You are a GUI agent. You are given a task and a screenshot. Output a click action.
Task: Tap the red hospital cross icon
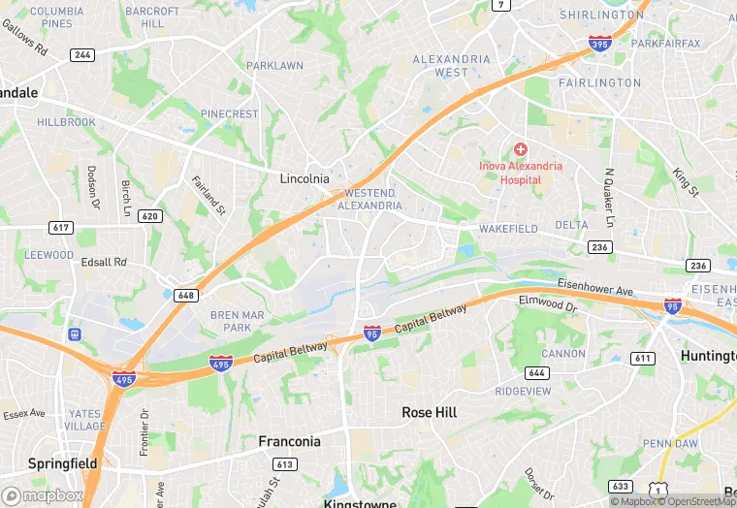click(x=521, y=149)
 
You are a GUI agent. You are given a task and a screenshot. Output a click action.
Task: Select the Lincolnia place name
click(x=304, y=178)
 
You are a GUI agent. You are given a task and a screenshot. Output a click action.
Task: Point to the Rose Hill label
click(x=430, y=412)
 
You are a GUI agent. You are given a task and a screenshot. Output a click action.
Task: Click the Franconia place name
click(x=289, y=441)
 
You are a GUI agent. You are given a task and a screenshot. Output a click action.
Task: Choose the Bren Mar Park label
click(x=231, y=321)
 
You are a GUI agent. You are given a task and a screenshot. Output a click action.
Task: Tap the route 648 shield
click(x=188, y=295)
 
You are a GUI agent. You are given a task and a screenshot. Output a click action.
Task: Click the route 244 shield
click(x=82, y=54)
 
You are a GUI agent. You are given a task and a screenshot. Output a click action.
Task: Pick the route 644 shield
click(x=536, y=372)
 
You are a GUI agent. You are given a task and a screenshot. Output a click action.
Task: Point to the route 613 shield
click(x=284, y=465)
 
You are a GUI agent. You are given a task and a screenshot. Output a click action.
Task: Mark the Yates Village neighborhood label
click(x=86, y=420)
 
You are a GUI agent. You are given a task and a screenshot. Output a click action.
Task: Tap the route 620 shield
click(x=149, y=216)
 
